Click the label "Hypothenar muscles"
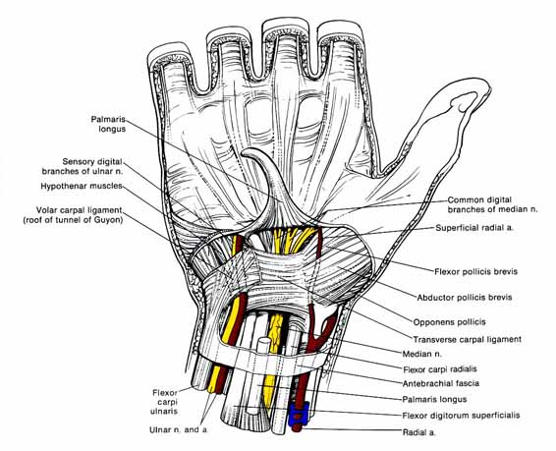click(x=82, y=186)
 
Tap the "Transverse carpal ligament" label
click(x=467, y=339)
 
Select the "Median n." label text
click(x=422, y=354)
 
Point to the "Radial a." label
click(x=418, y=432)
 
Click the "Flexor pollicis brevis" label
click(x=475, y=271)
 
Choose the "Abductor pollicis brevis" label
click(x=465, y=297)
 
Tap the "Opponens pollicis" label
click(x=449, y=322)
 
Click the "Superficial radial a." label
click(x=474, y=228)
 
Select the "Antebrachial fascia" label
click(x=441, y=383)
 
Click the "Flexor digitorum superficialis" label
click(x=461, y=416)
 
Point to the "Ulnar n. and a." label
click(x=179, y=429)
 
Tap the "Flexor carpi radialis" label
click(x=440, y=369)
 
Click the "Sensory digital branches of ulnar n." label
click(x=83, y=166)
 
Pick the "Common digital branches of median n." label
click(x=492, y=204)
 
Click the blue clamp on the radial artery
click(x=299, y=414)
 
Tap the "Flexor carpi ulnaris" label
click(x=164, y=402)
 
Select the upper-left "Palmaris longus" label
click(x=108, y=124)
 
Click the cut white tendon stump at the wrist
click(x=263, y=345)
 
